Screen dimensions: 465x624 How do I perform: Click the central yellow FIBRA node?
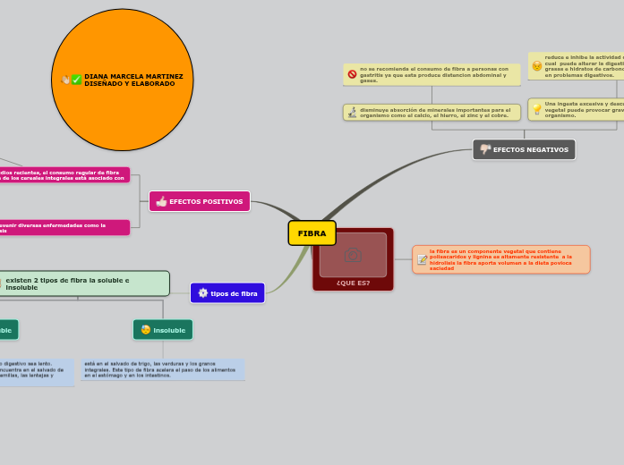point(312,233)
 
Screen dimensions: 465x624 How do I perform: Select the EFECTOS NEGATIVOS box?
point(524,149)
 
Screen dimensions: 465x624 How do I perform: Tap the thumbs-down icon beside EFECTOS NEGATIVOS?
point(485,149)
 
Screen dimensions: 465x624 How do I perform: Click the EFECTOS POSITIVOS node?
point(200,201)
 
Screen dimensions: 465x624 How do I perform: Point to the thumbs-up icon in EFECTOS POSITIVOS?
point(161,201)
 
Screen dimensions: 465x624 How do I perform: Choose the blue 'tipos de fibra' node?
point(227,293)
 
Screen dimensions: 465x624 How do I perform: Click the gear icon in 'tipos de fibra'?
point(202,293)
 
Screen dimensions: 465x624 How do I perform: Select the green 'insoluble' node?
point(163,330)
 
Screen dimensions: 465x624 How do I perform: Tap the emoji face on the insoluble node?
point(146,330)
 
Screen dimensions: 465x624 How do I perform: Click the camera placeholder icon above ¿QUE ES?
point(353,256)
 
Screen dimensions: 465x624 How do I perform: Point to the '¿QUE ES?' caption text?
point(353,283)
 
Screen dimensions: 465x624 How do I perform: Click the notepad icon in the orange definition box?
point(422,259)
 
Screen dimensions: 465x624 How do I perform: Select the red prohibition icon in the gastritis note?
point(352,74)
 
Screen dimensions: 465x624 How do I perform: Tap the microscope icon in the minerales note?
point(352,113)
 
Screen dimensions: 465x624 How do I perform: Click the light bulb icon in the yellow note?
point(536,108)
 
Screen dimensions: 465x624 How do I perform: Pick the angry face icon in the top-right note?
point(536,65)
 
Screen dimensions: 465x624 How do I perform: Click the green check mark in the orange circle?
point(77,80)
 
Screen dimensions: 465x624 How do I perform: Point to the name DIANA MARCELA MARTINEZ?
point(133,77)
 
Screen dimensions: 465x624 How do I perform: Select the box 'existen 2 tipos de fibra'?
point(85,283)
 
